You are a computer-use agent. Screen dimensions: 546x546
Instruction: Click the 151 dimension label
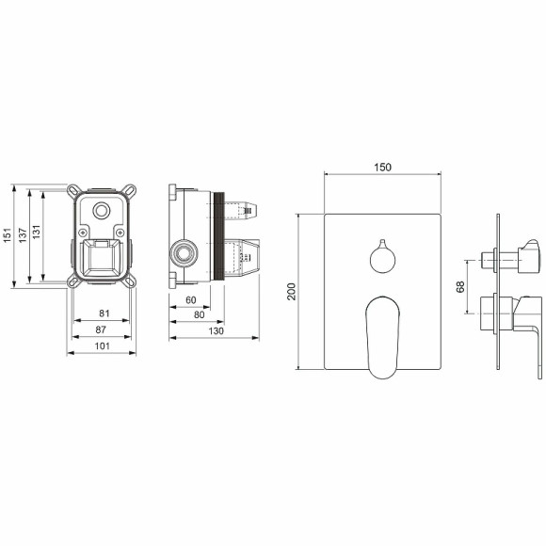coord(8,235)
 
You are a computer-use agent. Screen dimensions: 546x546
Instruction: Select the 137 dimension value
coord(23,235)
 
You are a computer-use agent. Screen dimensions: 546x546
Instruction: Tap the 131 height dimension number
coord(36,232)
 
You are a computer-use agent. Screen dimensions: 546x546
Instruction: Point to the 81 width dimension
coord(104,313)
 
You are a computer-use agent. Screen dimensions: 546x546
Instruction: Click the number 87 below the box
coord(101,329)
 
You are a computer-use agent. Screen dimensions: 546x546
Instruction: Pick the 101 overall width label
coord(102,345)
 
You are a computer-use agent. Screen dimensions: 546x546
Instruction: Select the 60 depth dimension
coord(191,299)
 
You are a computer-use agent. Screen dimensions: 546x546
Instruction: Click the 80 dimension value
coord(200,314)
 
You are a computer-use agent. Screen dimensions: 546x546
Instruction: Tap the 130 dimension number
coord(217,330)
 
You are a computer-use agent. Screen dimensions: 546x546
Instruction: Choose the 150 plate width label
coord(383,168)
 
